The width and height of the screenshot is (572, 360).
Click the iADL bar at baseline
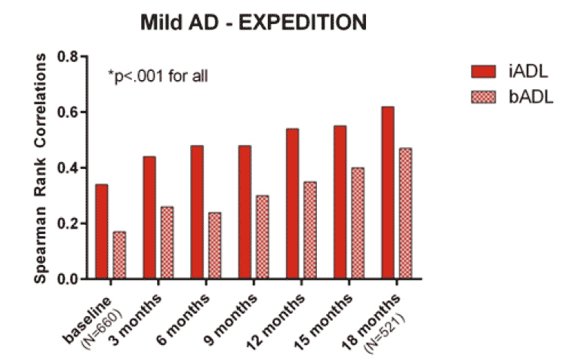(x=102, y=232)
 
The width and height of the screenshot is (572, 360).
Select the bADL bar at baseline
(x=119, y=255)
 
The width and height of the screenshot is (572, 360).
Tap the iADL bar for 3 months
(x=149, y=218)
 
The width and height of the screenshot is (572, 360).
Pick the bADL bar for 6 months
(x=214, y=245)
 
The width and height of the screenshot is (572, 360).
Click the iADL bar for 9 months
(x=244, y=212)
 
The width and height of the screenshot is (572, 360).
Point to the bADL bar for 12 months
(x=310, y=230)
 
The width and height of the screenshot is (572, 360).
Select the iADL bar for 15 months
(x=340, y=202)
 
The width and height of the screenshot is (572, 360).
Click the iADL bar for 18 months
(x=388, y=193)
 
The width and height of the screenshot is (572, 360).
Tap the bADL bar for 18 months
(x=405, y=214)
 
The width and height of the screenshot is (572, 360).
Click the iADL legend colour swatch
(x=484, y=72)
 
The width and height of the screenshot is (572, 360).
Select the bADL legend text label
(x=531, y=97)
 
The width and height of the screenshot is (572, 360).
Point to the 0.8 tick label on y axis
(x=67, y=57)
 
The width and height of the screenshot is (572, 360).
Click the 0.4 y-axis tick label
(x=67, y=168)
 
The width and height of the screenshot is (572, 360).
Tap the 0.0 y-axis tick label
(x=67, y=279)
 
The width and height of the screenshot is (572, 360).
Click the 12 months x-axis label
(x=276, y=321)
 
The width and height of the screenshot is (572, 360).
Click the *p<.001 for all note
(x=158, y=76)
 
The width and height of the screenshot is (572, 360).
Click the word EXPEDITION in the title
(x=303, y=23)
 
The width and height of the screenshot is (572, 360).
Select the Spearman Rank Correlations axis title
(x=40, y=168)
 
